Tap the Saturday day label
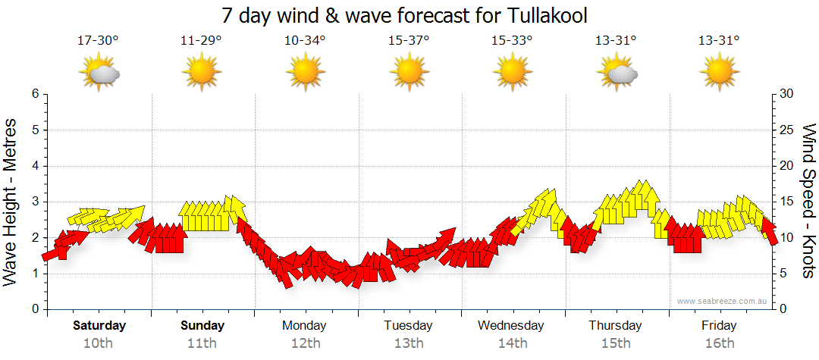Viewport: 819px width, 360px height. click(x=99, y=326)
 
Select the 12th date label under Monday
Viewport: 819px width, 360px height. click(x=305, y=343)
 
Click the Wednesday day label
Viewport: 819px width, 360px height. click(x=511, y=326)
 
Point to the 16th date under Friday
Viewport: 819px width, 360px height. click(x=719, y=343)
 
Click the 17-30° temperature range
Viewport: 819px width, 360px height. click(x=98, y=40)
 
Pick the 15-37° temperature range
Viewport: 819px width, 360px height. click(x=409, y=40)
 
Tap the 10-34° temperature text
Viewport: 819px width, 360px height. click(x=305, y=40)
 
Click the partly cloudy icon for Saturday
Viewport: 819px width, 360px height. click(x=99, y=74)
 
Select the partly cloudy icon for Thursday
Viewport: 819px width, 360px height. click(x=617, y=74)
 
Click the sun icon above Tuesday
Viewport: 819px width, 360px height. click(x=409, y=74)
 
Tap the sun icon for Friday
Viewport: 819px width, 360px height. click(x=719, y=74)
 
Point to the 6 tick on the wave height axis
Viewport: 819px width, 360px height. click(x=35, y=94)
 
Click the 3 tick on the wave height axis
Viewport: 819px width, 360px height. click(x=35, y=202)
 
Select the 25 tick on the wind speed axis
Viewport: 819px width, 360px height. click(x=787, y=130)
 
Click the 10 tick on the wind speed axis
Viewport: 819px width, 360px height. click(x=787, y=238)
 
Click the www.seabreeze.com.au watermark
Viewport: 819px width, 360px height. click(x=723, y=301)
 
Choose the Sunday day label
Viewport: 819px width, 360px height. click(x=202, y=326)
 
